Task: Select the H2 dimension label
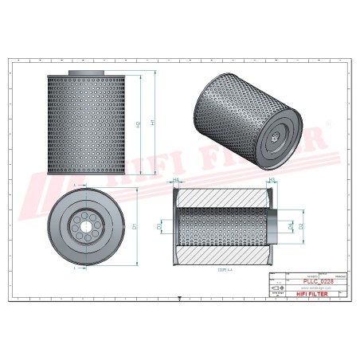(x=139, y=125)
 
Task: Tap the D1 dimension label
(x=136, y=228)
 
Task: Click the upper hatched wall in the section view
(x=221, y=198)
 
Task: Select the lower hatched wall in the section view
(x=221, y=256)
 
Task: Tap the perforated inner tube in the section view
(x=221, y=227)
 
